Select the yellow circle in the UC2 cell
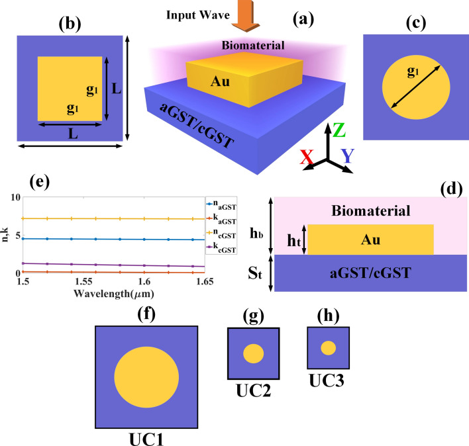(x=253, y=353)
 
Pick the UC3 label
(x=327, y=381)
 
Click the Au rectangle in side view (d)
(x=370, y=240)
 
